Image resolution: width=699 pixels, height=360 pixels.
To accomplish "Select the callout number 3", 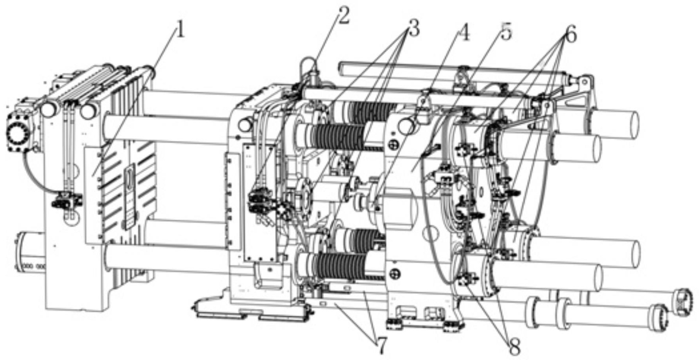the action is click(x=413, y=29).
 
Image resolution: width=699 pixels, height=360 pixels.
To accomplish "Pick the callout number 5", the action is click(x=507, y=31).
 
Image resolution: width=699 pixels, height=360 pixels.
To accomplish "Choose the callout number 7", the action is click(x=381, y=345).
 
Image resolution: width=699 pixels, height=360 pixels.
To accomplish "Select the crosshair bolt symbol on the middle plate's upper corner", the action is click(x=393, y=145).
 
